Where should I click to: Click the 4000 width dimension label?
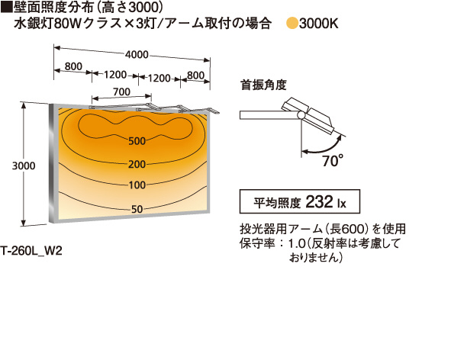137,54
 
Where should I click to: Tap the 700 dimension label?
121,92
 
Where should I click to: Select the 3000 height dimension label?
24,166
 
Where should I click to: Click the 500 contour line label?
137,141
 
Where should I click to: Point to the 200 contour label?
137,164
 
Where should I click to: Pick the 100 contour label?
137,185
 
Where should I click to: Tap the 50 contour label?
137,209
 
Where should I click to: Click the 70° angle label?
333,160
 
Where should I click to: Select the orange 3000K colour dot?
292,24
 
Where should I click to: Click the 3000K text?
318,24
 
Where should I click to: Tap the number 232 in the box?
319,201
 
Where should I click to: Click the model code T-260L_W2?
31,251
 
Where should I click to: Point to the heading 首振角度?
263,85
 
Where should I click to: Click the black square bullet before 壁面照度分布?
7,8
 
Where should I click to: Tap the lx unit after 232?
341,204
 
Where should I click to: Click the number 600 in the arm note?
353,229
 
